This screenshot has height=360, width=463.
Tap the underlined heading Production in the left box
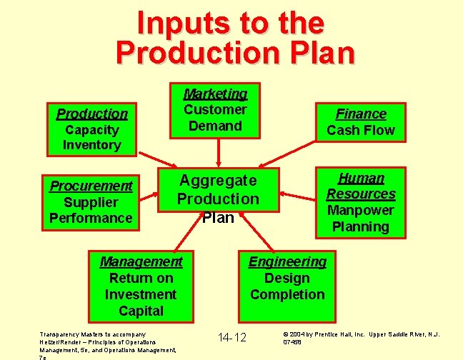(x=92, y=114)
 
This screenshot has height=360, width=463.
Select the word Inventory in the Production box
(x=92, y=145)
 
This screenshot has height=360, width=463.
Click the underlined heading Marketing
(x=215, y=94)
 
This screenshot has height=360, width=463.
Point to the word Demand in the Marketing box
(x=215, y=126)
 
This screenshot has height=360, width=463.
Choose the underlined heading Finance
(x=361, y=114)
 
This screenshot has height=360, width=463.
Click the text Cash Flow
(x=361, y=131)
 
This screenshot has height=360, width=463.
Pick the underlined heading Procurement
(x=91, y=186)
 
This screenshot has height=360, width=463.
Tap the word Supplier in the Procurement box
(x=91, y=202)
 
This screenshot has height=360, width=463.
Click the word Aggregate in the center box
(x=218, y=180)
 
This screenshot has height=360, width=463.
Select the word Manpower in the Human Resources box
(x=361, y=210)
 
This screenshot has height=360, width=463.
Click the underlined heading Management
(x=141, y=261)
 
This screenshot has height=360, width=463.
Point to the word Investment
(x=141, y=294)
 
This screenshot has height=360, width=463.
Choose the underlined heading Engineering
(x=287, y=261)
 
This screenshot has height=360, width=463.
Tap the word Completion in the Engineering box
(x=287, y=294)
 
